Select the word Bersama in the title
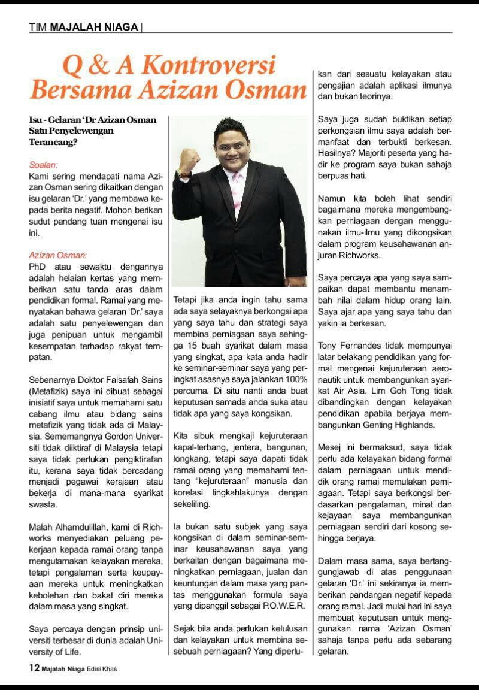71,90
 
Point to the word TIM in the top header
38,27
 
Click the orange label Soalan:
43,164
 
